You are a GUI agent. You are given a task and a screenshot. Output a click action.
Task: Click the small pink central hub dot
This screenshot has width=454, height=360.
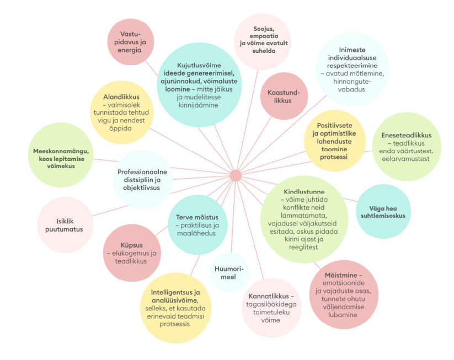click(236, 175)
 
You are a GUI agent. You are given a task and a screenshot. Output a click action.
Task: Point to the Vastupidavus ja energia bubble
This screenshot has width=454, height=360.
click(131, 41)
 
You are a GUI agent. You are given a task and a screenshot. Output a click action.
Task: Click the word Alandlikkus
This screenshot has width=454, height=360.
click(120, 96)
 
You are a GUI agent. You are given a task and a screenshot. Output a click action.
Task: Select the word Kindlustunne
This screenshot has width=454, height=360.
click(303, 191)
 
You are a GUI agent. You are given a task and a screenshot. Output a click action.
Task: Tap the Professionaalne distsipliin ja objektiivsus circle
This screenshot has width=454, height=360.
click(142, 179)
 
